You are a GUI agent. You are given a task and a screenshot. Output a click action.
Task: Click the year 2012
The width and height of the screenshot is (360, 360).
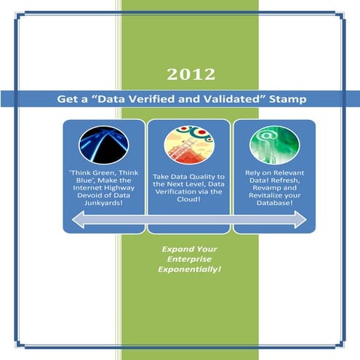pos(190,73)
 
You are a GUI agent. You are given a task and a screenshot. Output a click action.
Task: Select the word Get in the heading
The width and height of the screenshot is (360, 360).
pos(69,98)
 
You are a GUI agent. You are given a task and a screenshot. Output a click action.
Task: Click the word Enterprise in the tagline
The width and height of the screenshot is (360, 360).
pos(190,259)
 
